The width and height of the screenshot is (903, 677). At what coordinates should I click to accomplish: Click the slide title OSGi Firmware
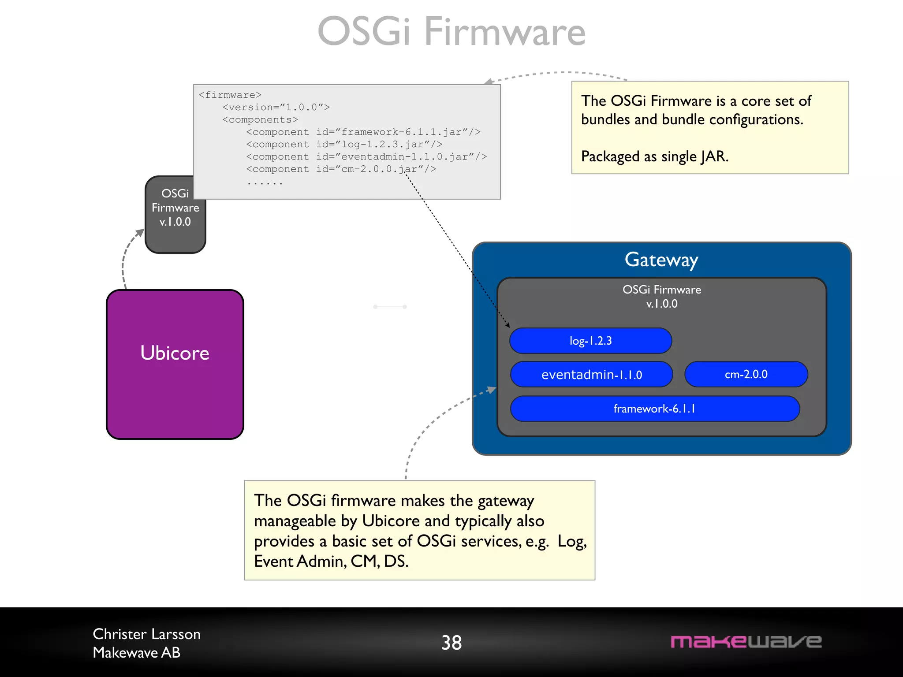(451, 32)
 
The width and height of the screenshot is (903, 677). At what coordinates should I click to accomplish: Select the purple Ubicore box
(175, 364)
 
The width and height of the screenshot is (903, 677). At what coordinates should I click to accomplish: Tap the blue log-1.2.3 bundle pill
(590, 341)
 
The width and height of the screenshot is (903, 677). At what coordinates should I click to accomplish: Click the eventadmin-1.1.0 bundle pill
(591, 375)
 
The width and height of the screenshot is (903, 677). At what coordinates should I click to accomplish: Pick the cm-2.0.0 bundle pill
(746, 374)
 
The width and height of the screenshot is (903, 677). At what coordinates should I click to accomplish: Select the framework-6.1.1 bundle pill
(654, 409)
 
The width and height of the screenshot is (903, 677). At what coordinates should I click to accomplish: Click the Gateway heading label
(661, 260)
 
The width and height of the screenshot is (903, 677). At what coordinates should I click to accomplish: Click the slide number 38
(451, 643)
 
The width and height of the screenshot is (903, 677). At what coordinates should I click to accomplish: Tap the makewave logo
(746, 642)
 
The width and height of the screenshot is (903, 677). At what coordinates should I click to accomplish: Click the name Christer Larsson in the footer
(146, 634)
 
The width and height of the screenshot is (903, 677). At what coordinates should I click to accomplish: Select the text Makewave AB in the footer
(137, 653)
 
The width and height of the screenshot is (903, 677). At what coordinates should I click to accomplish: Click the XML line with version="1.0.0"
(276, 108)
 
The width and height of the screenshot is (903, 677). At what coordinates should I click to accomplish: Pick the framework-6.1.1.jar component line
(363, 132)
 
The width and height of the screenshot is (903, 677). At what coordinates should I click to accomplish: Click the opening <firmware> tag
(230, 95)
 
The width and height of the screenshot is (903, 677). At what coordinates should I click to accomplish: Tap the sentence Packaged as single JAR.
(654, 156)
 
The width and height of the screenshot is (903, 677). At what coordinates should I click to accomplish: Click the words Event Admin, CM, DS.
(331, 561)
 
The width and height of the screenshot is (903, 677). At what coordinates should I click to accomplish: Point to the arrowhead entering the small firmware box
(140, 232)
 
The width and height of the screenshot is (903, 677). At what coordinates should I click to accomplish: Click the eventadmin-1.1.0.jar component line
(366, 157)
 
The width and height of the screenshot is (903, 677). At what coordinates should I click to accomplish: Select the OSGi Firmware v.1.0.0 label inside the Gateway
(661, 296)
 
